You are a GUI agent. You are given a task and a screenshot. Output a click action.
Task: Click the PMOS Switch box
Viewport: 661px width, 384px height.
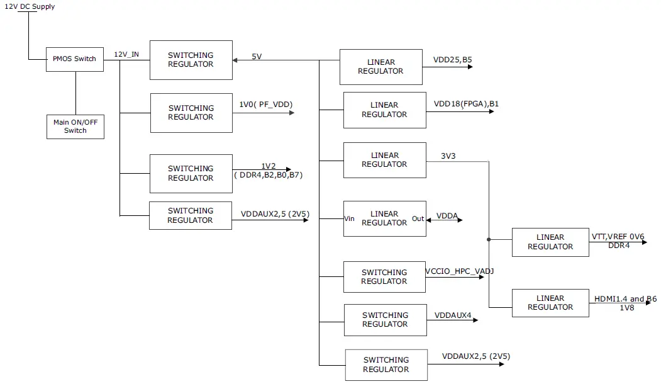point(74,59)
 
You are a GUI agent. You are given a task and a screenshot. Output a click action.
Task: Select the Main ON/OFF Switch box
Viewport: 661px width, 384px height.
point(75,127)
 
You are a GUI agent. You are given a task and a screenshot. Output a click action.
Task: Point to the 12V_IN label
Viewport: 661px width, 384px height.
point(126,55)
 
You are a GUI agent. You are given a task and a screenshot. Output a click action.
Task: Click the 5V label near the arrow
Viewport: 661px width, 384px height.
point(257,57)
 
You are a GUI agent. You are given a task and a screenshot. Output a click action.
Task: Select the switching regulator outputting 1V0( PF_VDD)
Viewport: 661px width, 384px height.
point(191,113)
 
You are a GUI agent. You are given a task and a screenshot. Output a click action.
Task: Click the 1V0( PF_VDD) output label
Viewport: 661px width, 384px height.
point(266,104)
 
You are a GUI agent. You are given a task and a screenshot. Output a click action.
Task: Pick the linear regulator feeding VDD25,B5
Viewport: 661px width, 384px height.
point(380,67)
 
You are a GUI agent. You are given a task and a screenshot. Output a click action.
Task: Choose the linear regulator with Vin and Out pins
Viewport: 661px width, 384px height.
point(384,218)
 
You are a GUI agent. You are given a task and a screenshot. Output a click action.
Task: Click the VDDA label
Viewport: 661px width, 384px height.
point(447,215)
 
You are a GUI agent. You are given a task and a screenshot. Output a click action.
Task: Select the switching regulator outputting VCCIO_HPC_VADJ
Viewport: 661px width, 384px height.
point(384,277)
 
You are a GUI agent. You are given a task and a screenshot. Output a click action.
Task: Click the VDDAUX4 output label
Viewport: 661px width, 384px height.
point(453,315)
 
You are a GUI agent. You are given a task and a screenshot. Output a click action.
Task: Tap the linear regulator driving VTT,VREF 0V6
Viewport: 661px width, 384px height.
point(550,242)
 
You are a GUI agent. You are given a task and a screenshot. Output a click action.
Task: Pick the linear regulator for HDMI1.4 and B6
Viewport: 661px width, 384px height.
point(550,303)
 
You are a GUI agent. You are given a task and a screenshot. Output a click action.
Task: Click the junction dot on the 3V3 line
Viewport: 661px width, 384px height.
point(489,239)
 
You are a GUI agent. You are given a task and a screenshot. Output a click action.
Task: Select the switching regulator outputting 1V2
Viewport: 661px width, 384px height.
point(191,173)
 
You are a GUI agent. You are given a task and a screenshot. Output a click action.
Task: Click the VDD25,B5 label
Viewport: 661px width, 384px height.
point(452,60)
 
